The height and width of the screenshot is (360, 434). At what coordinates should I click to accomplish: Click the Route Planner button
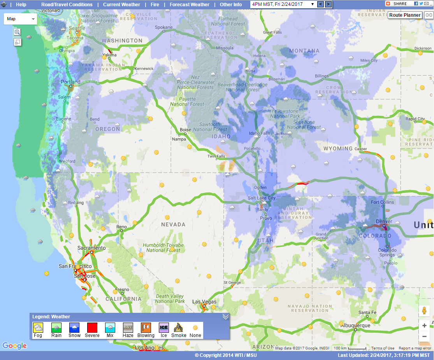(405, 15)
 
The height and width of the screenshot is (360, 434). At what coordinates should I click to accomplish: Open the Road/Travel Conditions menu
(67, 5)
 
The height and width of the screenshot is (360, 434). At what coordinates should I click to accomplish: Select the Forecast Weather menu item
(190, 5)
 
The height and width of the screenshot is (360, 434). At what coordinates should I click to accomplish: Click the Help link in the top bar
(21, 5)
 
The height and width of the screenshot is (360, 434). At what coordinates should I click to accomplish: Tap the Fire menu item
(155, 5)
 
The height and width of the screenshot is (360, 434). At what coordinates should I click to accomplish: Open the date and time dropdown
(283, 4)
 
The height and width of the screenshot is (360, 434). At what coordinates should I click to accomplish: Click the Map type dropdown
(21, 19)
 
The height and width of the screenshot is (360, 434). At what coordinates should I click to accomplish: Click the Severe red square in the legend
(92, 328)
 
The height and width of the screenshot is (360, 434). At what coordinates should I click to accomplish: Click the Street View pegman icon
(424, 311)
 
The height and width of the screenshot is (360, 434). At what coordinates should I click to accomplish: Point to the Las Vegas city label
(204, 302)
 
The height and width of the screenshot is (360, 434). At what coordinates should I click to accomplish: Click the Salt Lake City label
(262, 198)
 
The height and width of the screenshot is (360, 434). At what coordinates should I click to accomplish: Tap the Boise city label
(185, 130)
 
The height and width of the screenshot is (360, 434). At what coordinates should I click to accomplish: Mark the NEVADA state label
(173, 225)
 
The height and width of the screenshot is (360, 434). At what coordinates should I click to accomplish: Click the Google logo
(14, 346)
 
